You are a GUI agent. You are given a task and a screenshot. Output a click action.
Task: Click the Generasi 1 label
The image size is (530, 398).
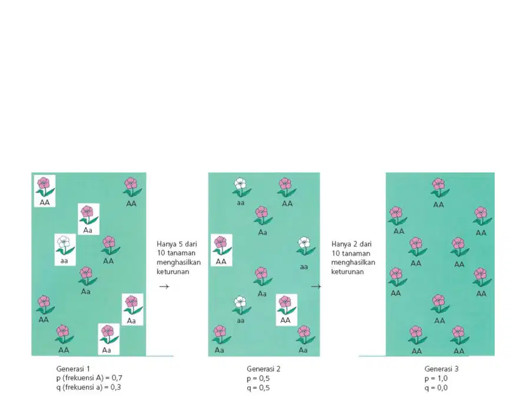pyautogui.click(x=73, y=369)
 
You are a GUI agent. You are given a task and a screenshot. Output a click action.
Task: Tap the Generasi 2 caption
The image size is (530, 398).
pyautogui.click(x=263, y=369)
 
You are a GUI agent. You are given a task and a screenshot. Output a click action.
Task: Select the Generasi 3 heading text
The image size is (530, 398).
pyautogui.click(x=442, y=369)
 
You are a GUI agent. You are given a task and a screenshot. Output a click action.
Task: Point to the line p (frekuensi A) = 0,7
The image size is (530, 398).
pyautogui.click(x=90, y=378)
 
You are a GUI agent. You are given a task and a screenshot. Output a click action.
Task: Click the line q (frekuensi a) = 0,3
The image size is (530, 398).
pyautogui.click(x=88, y=387)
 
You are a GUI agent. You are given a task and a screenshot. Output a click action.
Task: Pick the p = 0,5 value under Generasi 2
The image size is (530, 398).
pyautogui.click(x=258, y=379)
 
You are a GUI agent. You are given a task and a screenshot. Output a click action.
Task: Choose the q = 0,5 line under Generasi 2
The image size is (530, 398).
pyautogui.click(x=258, y=388)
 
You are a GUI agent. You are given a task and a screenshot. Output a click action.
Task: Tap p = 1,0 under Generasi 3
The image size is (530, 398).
pyautogui.click(x=436, y=379)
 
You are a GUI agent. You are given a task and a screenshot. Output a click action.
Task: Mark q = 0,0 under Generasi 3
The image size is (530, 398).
pyautogui.click(x=436, y=388)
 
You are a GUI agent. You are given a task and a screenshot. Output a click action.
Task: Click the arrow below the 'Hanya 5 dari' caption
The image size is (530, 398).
pyautogui.click(x=164, y=287)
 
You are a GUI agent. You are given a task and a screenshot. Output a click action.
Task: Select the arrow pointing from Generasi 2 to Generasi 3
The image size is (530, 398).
pyautogui.click(x=316, y=287)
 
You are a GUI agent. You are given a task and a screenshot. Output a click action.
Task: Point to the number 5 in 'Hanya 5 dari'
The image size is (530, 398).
pyautogui.click(x=181, y=244)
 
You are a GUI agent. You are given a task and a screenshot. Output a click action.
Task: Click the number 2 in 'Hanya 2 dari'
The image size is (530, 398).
pyautogui.click(x=356, y=244)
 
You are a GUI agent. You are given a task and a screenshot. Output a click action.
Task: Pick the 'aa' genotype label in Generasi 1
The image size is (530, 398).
pyautogui.click(x=64, y=261)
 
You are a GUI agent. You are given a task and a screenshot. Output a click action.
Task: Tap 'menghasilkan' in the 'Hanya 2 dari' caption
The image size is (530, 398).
pyautogui.click(x=353, y=262)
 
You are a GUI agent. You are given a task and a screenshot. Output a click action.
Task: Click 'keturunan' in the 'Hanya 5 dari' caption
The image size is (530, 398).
pyautogui.click(x=173, y=271)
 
